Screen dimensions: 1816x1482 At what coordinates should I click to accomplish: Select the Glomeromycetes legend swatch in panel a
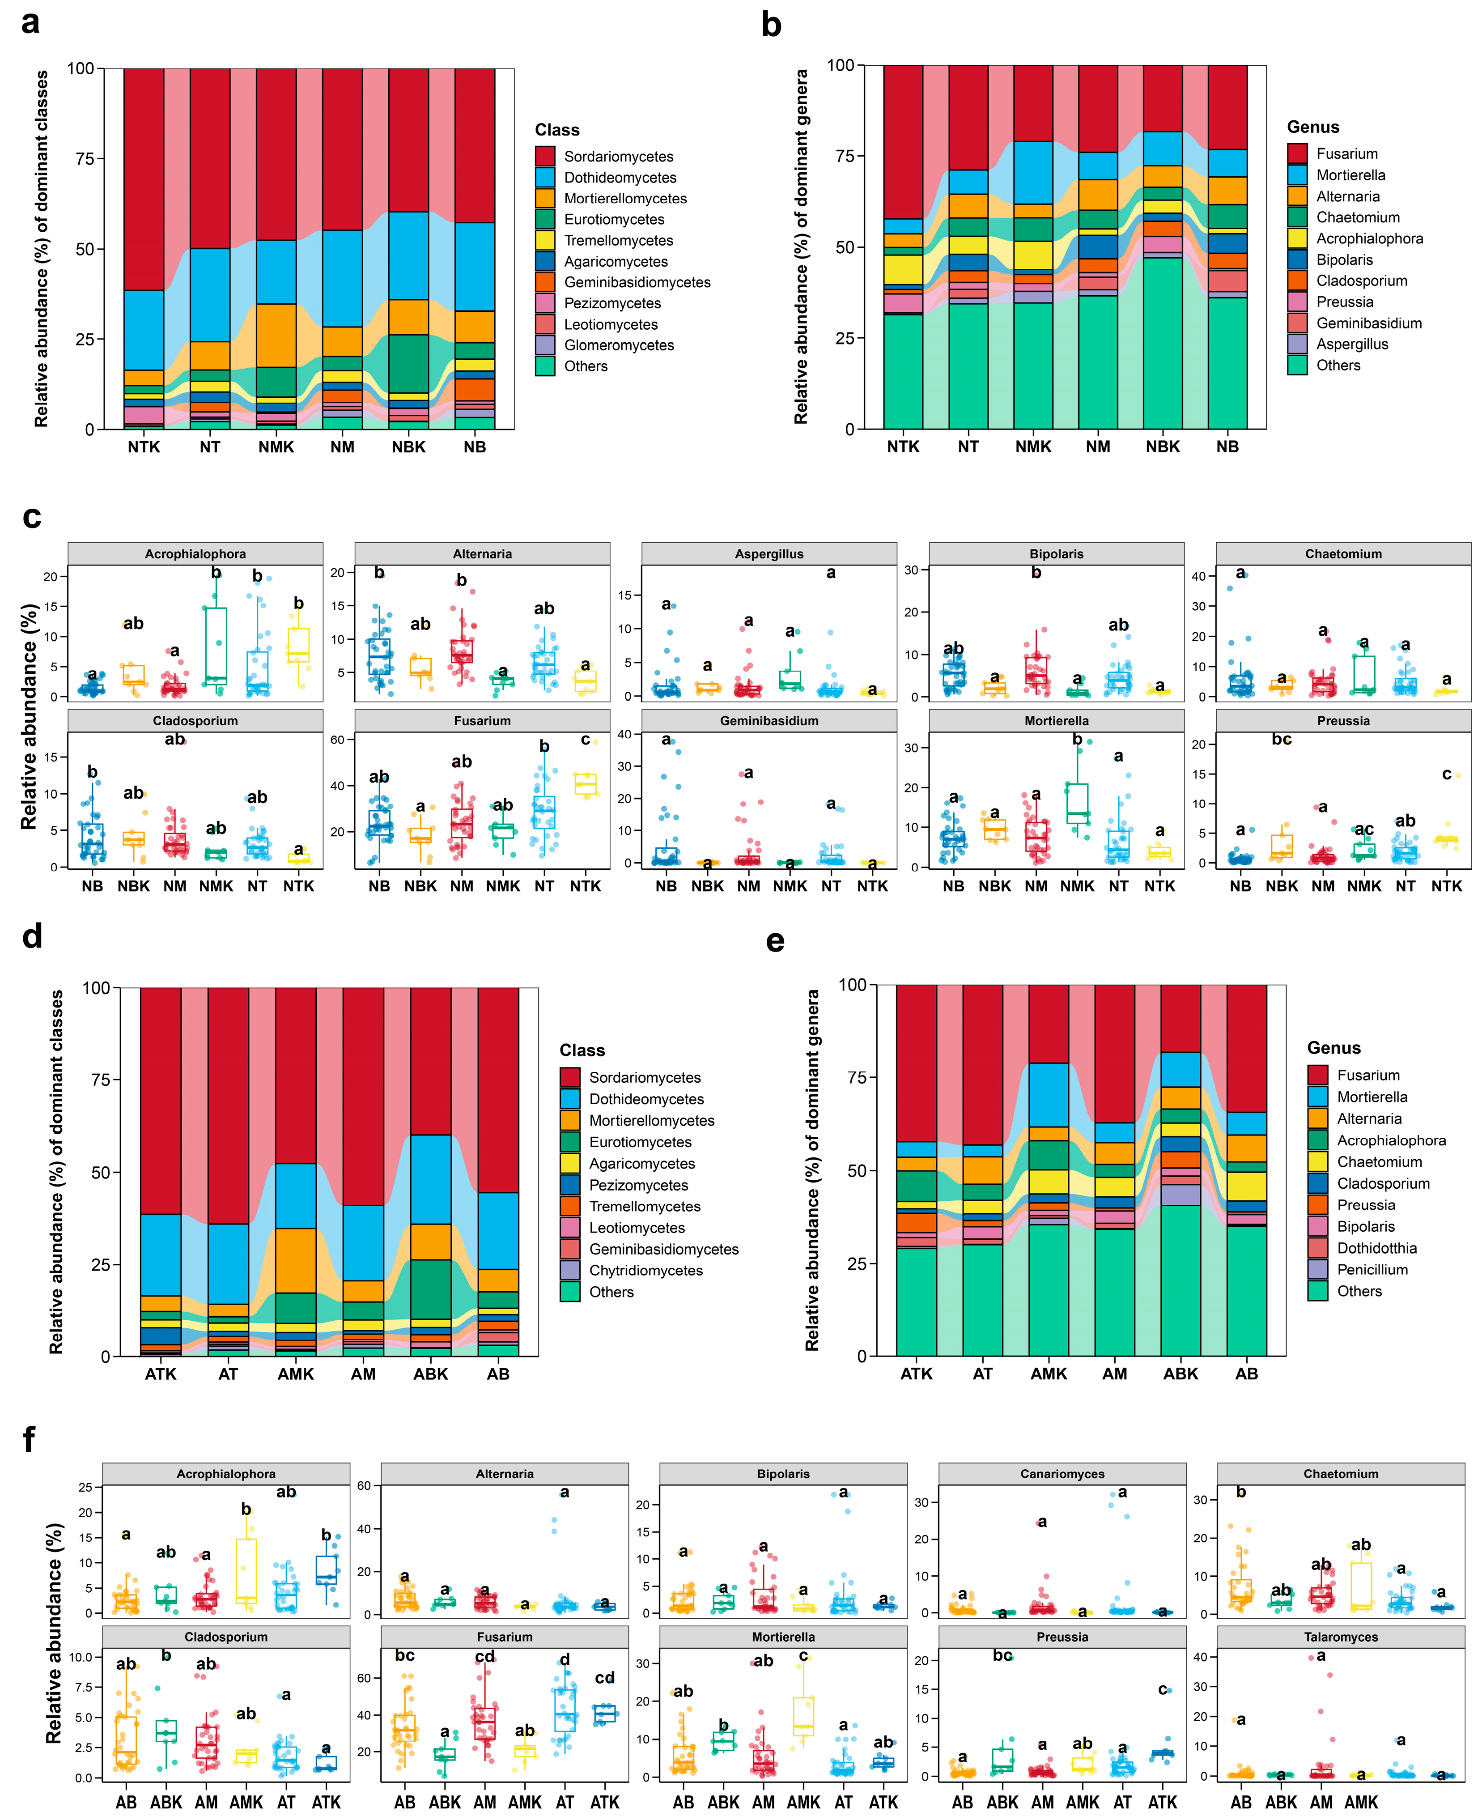coord(545,345)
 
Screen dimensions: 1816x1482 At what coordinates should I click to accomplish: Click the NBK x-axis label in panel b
coord(1163,447)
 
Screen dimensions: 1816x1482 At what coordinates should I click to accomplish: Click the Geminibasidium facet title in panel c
coord(769,721)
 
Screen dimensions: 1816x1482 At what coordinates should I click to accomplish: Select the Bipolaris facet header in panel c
coord(1056,553)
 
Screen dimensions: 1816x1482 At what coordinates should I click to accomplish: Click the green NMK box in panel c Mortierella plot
coord(1077,804)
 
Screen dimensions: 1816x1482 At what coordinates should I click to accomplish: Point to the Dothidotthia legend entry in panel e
coord(1376,1248)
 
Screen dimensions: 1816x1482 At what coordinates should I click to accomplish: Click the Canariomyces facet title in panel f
coord(1062,1474)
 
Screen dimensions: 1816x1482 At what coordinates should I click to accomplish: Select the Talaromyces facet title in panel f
coord(1340,1637)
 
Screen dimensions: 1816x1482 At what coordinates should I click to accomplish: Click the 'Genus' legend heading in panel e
coord(1333,1048)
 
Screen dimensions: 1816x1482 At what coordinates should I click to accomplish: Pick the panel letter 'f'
coord(29,1439)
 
